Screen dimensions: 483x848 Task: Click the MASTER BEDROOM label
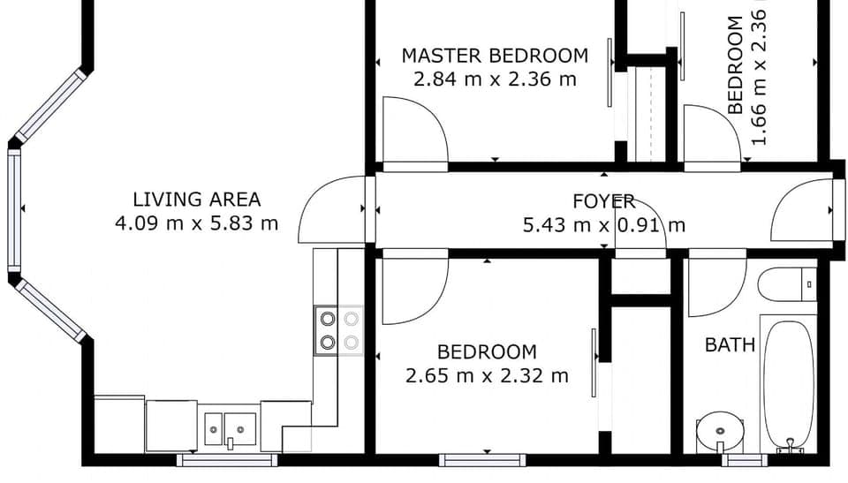(494, 56)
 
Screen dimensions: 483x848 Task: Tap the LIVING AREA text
(196, 200)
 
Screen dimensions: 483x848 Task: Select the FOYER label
(604, 201)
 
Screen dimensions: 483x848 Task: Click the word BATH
(730, 344)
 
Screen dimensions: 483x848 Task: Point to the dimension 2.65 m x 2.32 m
(487, 376)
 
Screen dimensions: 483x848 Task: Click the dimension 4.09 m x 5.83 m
(196, 223)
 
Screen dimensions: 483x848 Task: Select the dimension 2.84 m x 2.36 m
(494, 79)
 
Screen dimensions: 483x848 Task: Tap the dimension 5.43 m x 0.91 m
(604, 225)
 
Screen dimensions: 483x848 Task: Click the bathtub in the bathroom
(787, 384)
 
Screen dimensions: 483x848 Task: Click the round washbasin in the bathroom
(719, 432)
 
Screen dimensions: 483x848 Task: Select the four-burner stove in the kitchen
(339, 330)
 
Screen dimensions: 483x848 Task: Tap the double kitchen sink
(230, 429)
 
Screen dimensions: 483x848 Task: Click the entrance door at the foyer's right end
(802, 210)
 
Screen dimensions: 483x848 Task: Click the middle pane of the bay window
(14, 208)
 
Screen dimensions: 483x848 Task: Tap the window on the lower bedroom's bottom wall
(482, 459)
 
